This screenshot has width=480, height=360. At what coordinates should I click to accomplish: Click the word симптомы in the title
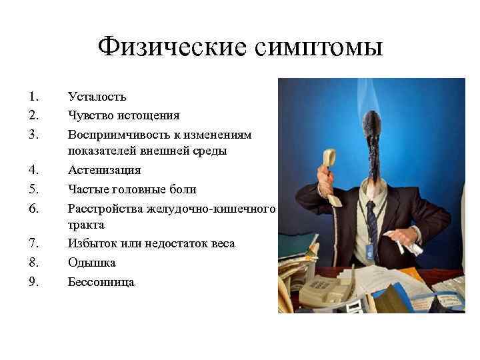click(x=317, y=48)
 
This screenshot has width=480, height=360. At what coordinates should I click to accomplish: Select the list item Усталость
click(x=97, y=98)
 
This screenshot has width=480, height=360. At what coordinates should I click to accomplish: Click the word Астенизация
click(x=104, y=171)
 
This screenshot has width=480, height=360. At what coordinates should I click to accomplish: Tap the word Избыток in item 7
click(x=91, y=244)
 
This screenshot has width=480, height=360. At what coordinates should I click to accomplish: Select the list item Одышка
click(x=92, y=263)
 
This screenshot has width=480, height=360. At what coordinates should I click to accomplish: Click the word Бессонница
click(x=101, y=281)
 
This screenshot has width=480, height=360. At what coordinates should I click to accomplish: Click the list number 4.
click(x=33, y=171)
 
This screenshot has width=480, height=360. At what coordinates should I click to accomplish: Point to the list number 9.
click(x=33, y=281)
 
